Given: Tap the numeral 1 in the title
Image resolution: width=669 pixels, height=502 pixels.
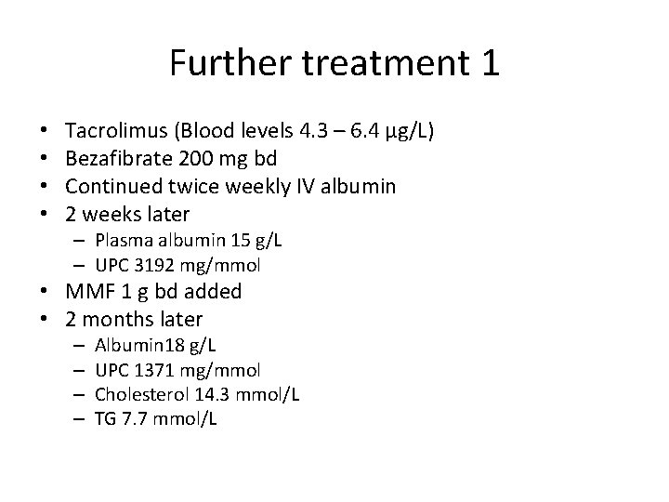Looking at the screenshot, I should click(489, 63).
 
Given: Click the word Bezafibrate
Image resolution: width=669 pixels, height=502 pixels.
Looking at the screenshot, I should click(117, 159).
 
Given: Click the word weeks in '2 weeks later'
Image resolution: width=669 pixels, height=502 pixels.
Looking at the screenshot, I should click(112, 215).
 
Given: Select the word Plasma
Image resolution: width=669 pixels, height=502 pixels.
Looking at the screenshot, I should click(120, 240).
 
